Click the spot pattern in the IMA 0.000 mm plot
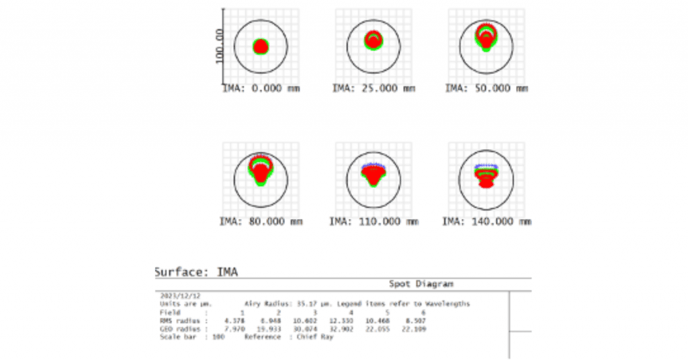click(x=261, y=46)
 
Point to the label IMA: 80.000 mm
click(x=261, y=221)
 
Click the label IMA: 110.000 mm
click(x=374, y=221)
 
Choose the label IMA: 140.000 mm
click(x=487, y=221)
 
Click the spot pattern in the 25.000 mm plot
click(x=374, y=40)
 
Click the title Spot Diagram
click(x=421, y=284)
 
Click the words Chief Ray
click(x=319, y=336)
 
